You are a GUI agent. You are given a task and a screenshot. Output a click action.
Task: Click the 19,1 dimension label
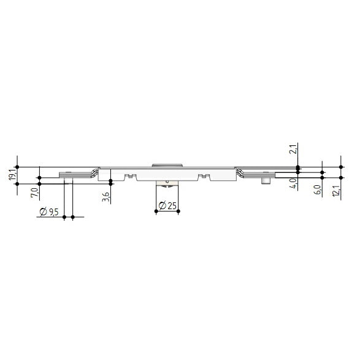(13, 174)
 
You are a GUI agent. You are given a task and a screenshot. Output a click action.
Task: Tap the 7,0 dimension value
(35, 193)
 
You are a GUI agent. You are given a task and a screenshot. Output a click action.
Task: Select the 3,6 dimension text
(105, 197)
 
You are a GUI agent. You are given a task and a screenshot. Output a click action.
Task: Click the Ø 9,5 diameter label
(49, 212)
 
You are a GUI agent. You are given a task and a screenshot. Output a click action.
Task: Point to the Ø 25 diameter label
(167, 205)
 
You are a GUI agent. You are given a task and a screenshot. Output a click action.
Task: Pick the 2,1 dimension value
(294, 149)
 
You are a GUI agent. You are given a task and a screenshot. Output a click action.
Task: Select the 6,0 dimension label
(318, 190)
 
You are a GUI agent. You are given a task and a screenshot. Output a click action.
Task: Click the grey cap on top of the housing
(167, 166)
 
